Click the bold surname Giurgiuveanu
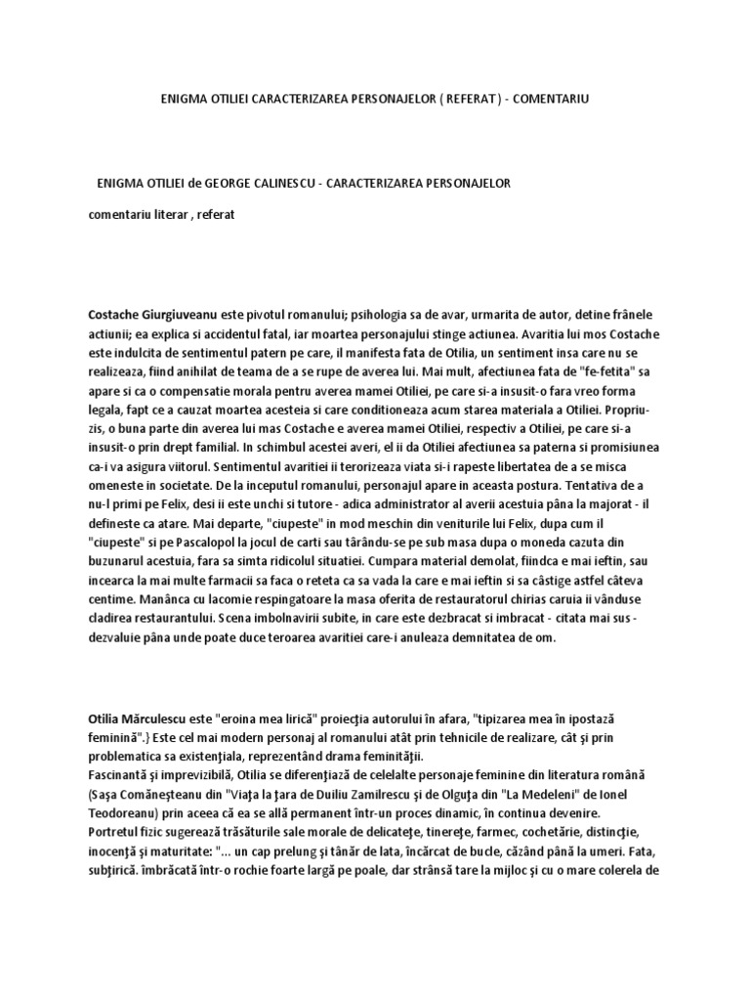(x=192, y=291)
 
